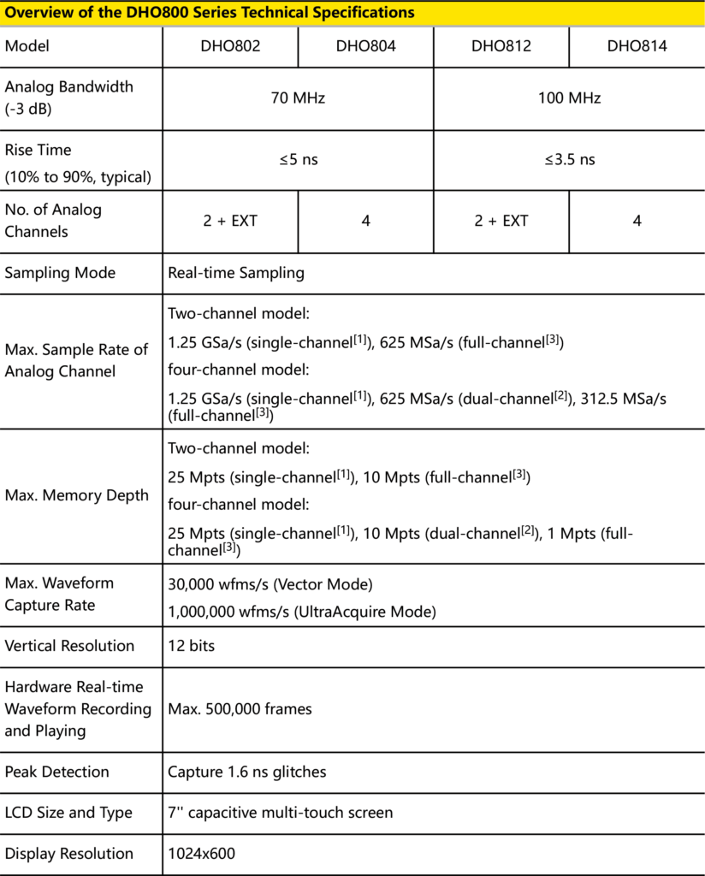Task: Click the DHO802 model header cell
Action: (x=230, y=46)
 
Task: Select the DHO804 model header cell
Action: (x=365, y=46)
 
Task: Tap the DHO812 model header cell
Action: (x=501, y=46)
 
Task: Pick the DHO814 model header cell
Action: (x=637, y=46)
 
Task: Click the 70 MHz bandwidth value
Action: (x=298, y=98)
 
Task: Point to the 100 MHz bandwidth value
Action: (x=569, y=98)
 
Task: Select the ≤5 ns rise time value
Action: (x=298, y=160)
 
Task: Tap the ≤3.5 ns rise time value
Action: (x=569, y=160)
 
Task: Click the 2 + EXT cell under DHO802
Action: (x=230, y=221)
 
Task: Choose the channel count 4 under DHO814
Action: (x=637, y=221)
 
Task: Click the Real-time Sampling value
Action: (x=236, y=273)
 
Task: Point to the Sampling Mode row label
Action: (x=60, y=273)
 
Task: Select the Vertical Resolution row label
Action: (x=69, y=646)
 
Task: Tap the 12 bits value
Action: (x=191, y=646)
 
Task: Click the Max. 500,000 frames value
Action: (x=240, y=708)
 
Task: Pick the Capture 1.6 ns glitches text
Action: (x=246, y=772)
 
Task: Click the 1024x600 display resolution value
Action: (x=201, y=854)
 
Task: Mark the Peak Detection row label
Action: (x=57, y=772)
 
